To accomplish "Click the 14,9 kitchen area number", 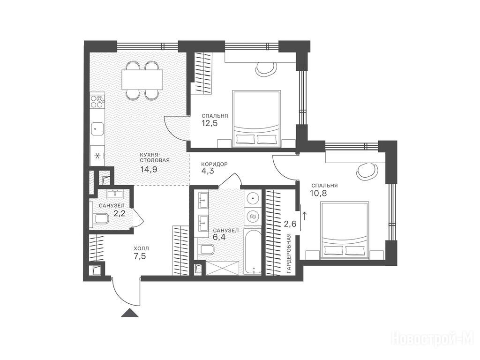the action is coord(149,169).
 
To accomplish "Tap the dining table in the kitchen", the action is coord(142,79).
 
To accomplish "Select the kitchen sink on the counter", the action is coord(97,128).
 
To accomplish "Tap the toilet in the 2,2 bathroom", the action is coord(100,218).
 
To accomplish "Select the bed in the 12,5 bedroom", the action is coord(256,119).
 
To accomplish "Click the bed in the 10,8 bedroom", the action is coord(345,230).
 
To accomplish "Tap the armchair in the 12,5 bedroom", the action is coord(266,69).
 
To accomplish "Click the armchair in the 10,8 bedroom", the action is coord(367,171).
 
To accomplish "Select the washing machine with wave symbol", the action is coord(253,216).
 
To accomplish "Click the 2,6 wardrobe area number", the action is coord(290,224).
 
